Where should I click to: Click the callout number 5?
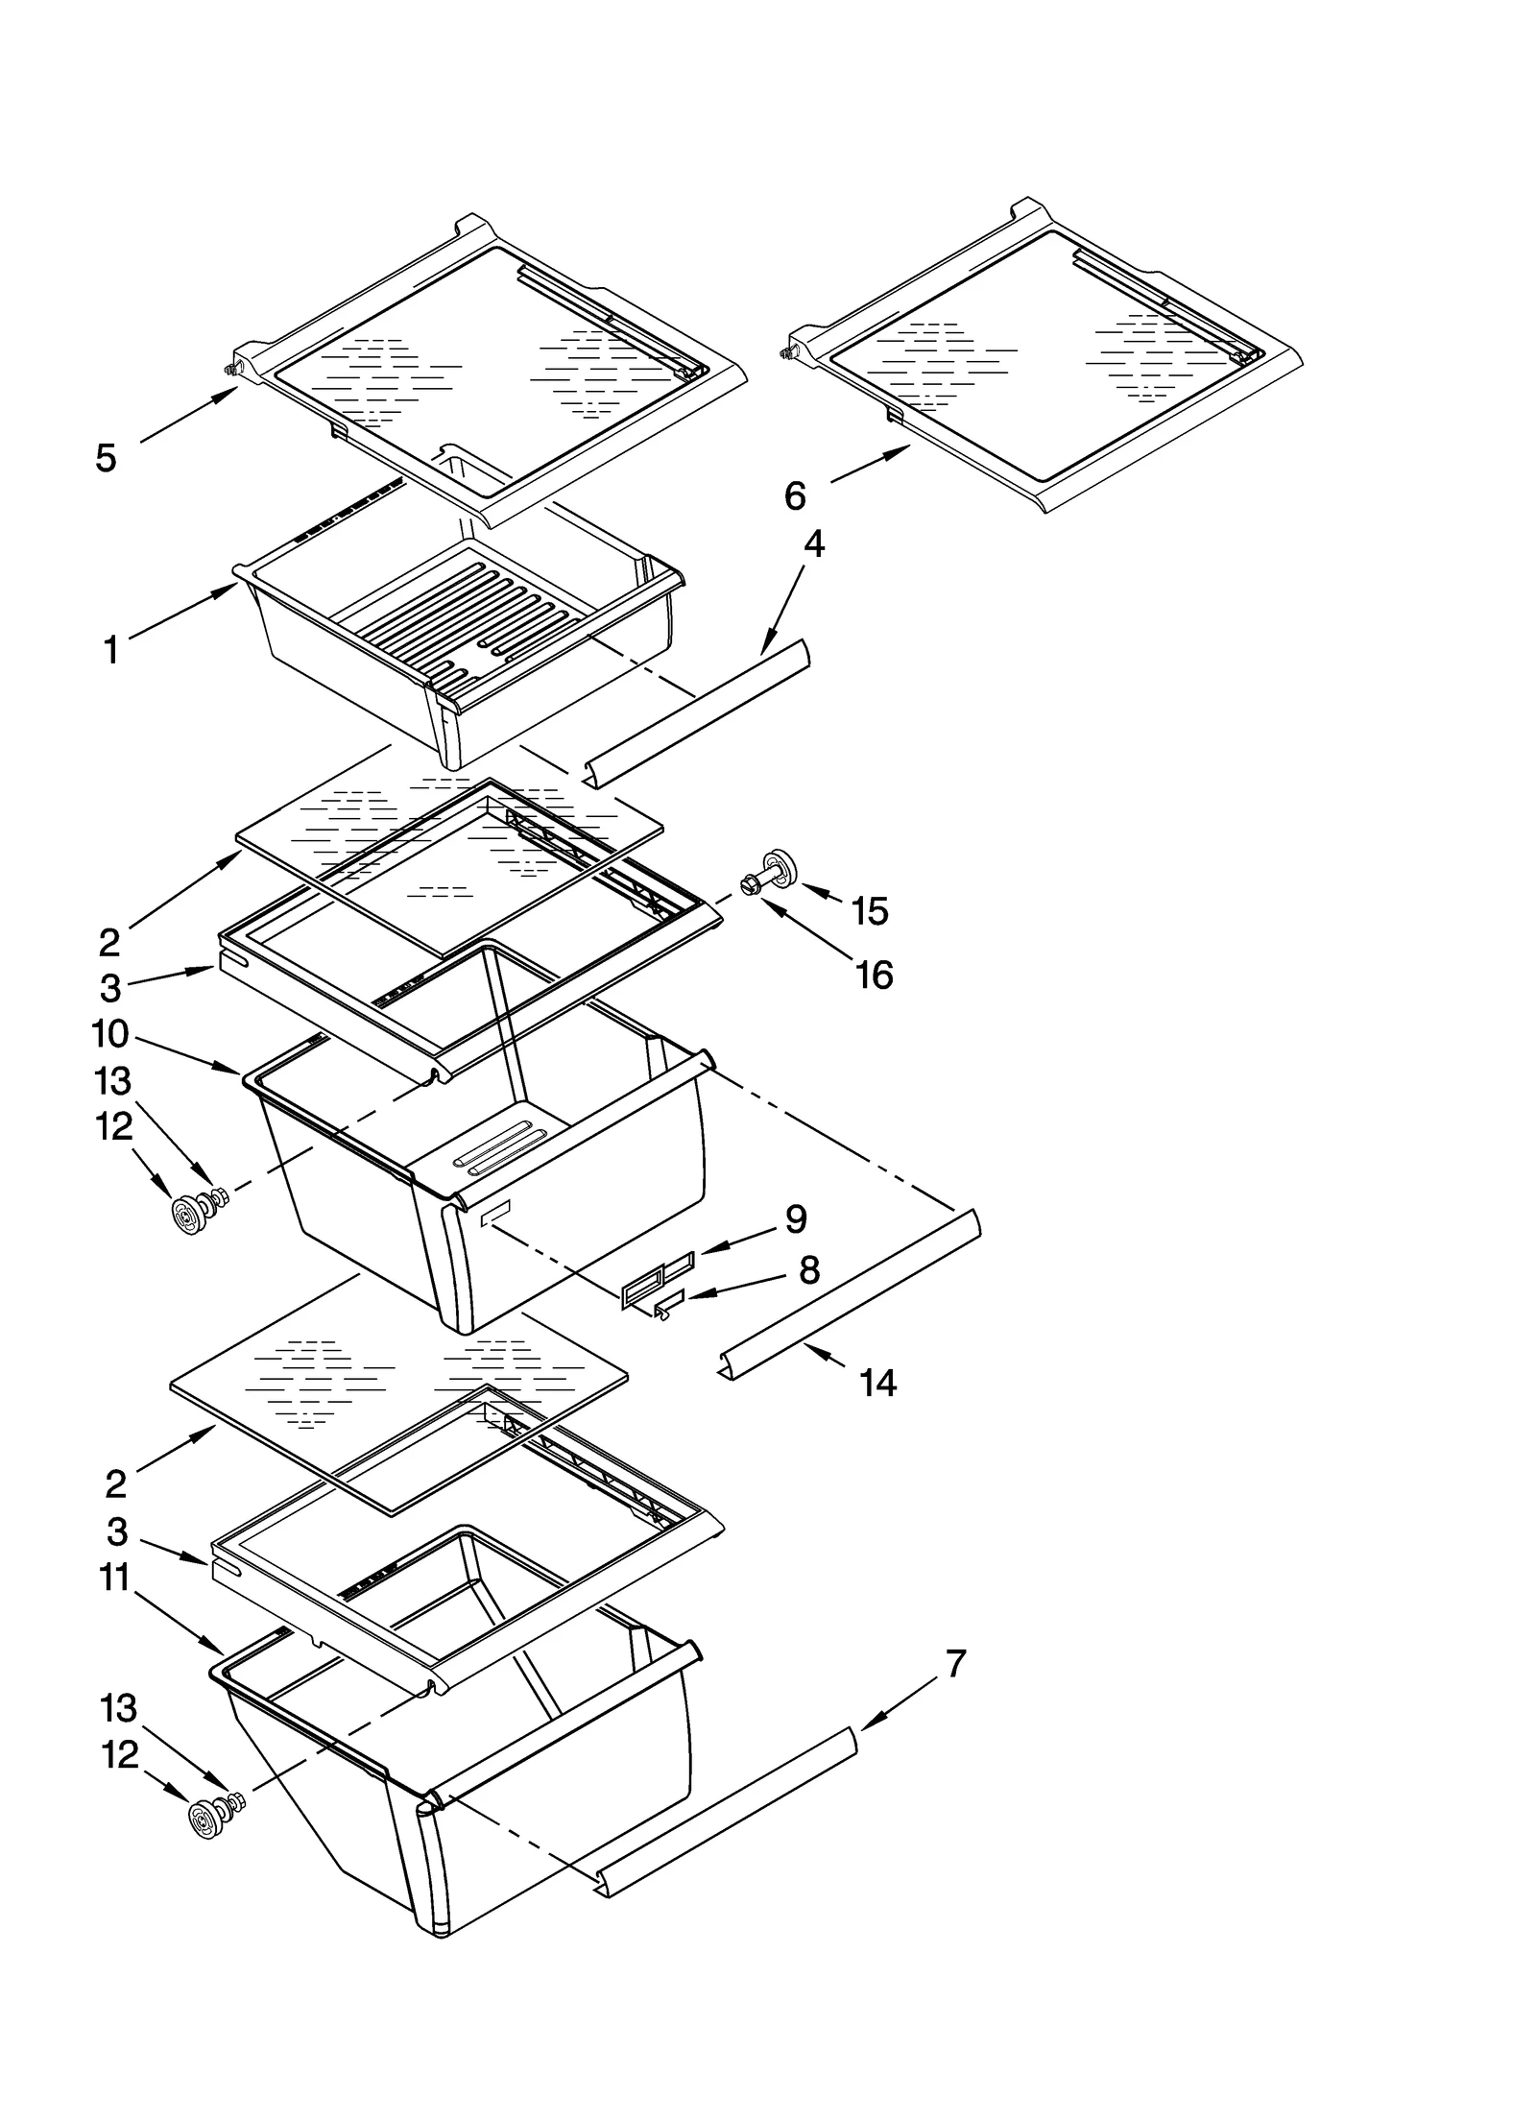click(x=106, y=458)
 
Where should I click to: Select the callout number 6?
click(x=795, y=495)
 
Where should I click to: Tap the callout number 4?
click(x=813, y=544)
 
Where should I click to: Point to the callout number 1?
click(x=111, y=651)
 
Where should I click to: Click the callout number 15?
click(x=870, y=910)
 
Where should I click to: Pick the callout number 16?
click(x=874, y=975)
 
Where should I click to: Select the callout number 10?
click(x=110, y=1034)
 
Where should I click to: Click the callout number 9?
click(x=796, y=1219)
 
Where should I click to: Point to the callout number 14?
click(x=878, y=1383)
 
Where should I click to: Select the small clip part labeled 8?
click(x=668, y=1305)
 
